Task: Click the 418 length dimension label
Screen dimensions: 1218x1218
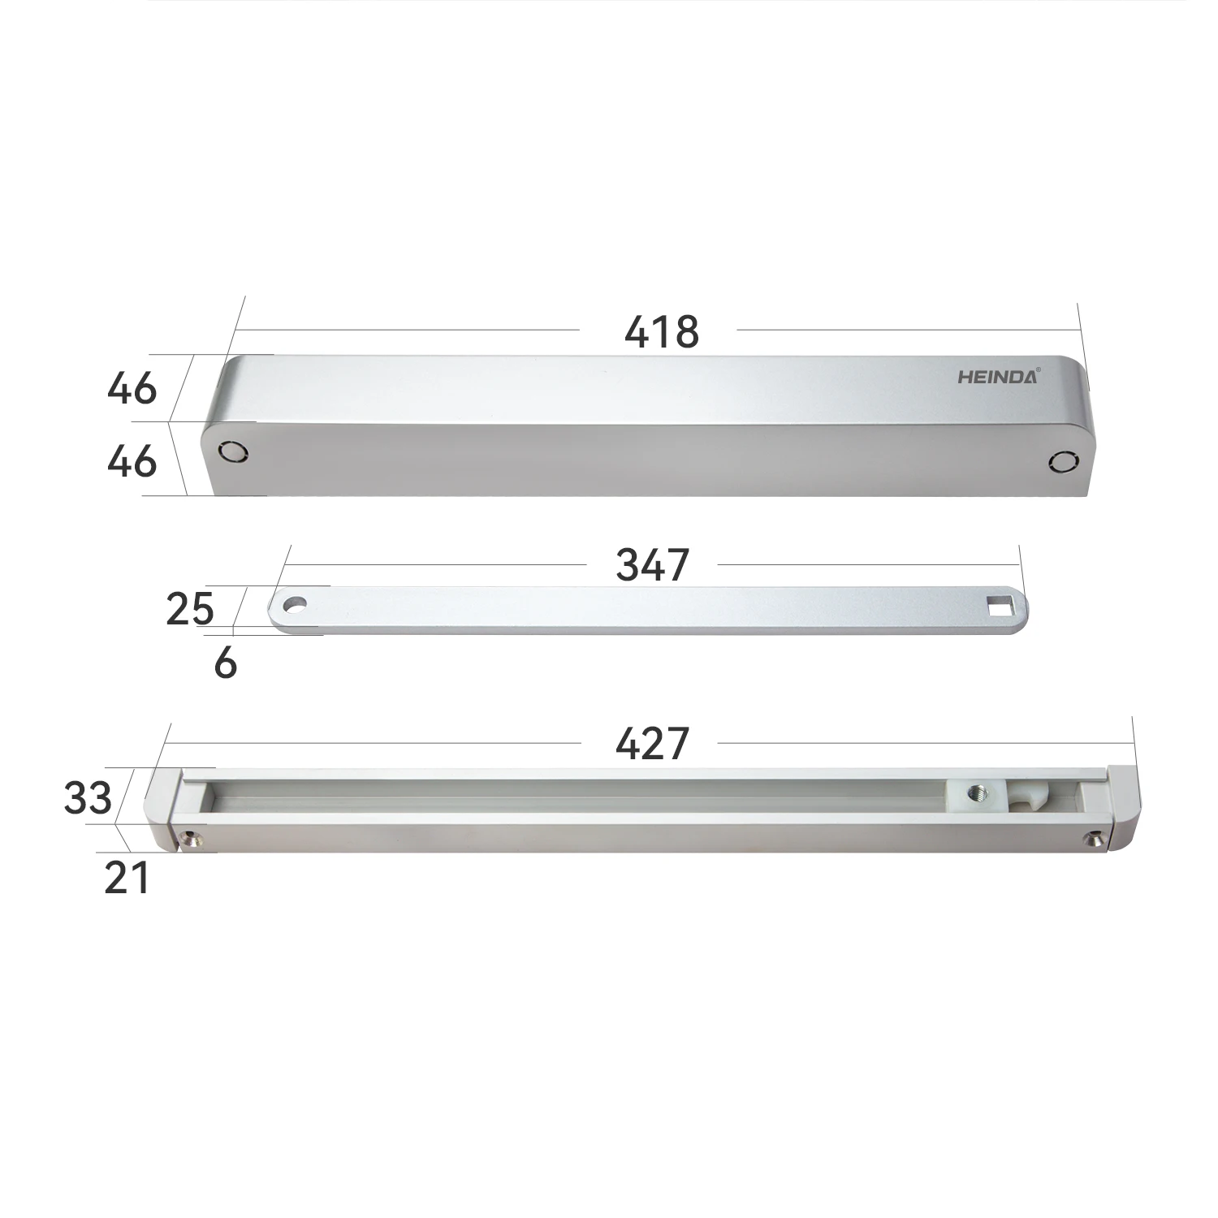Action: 661,331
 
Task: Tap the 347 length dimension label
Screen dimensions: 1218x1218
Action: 652,564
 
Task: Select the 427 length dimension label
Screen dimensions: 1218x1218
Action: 652,743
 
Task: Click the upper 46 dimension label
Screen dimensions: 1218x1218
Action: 132,388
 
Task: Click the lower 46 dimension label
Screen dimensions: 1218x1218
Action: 132,461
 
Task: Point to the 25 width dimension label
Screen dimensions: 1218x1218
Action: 189,609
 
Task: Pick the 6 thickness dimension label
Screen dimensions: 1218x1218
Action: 225,663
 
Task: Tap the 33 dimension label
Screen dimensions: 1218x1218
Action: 88,798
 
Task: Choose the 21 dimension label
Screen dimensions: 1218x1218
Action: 127,879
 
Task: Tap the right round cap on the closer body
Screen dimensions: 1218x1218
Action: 1060,462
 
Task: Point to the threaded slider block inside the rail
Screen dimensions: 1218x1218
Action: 975,797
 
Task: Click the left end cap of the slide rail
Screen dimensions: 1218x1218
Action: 162,808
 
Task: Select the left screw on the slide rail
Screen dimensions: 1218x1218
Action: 191,836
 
